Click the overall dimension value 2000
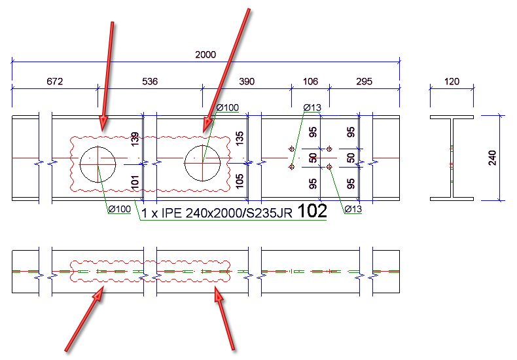205,55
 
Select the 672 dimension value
54,82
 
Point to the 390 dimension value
246,82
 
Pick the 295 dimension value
364,82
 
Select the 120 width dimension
451,82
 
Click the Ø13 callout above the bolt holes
312,107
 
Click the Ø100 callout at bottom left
120,209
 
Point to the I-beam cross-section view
452,158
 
